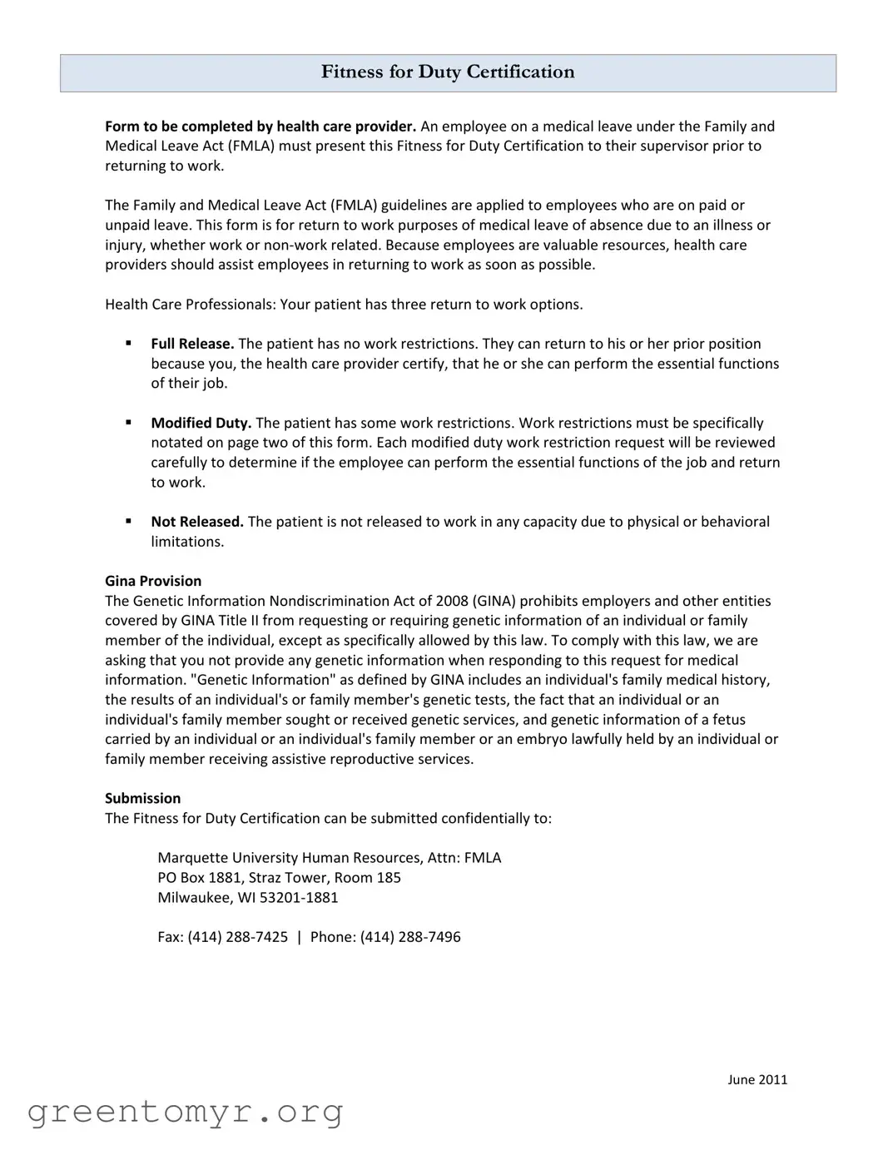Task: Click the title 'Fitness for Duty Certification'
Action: (x=448, y=72)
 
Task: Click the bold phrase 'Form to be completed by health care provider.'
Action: (x=260, y=126)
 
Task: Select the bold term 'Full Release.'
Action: (x=192, y=344)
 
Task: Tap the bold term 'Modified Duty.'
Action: (x=201, y=423)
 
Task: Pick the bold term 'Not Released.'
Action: (x=197, y=522)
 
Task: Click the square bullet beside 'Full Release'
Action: (x=129, y=343)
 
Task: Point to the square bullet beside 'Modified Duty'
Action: (x=129, y=422)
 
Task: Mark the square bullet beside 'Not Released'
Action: (x=129, y=521)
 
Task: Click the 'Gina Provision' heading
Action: (x=153, y=581)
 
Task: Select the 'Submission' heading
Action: (x=142, y=798)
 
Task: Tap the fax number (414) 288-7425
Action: (x=238, y=937)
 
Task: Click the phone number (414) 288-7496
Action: (x=410, y=937)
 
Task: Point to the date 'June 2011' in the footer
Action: (x=757, y=1079)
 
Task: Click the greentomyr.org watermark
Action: (x=185, y=1112)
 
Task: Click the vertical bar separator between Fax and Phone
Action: (x=299, y=937)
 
